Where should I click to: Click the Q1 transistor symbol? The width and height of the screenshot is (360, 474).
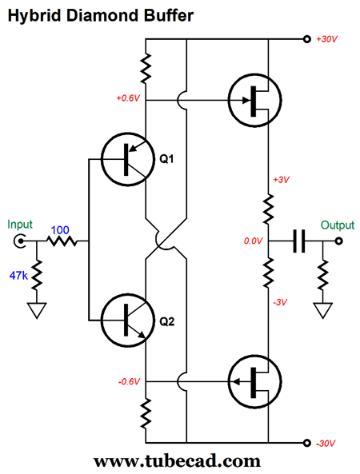pyautogui.click(x=128, y=159)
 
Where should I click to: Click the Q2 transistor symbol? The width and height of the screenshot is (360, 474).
pyautogui.click(x=128, y=321)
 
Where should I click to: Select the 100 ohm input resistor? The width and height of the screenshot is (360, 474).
pyautogui.click(x=62, y=241)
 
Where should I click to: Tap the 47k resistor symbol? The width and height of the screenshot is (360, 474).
pyautogui.click(x=37, y=275)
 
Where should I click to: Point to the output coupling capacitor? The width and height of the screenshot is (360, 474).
pyautogui.click(x=299, y=241)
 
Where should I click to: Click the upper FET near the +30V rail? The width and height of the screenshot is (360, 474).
pyautogui.click(x=255, y=101)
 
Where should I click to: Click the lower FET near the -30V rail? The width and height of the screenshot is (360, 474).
pyautogui.click(x=255, y=381)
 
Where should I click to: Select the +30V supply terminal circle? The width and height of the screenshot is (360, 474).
pyautogui.click(x=306, y=39)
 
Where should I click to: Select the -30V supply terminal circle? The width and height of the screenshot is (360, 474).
pyautogui.click(x=306, y=443)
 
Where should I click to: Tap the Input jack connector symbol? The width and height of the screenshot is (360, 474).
pyautogui.click(x=18, y=241)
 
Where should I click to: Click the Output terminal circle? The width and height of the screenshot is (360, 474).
pyautogui.click(x=339, y=241)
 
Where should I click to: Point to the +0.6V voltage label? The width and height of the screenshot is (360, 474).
pyautogui.click(x=128, y=98)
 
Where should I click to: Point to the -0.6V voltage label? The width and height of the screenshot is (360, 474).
pyautogui.click(x=129, y=382)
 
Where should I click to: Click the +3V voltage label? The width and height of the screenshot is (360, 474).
pyautogui.click(x=281, y=180)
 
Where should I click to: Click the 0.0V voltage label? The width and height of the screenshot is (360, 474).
pyautogui.click(x=254, y=241)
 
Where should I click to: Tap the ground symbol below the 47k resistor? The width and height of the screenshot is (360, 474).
pyautogui.click(x=37, y=310)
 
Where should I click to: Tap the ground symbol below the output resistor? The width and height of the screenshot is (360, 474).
pyautogui.click(x=323, y=310)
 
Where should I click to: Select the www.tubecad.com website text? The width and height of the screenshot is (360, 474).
pyautogui.click(x=177, y=461)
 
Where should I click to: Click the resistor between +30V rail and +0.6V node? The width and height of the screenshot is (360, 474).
pyautogui.click(x=146, y=68)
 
